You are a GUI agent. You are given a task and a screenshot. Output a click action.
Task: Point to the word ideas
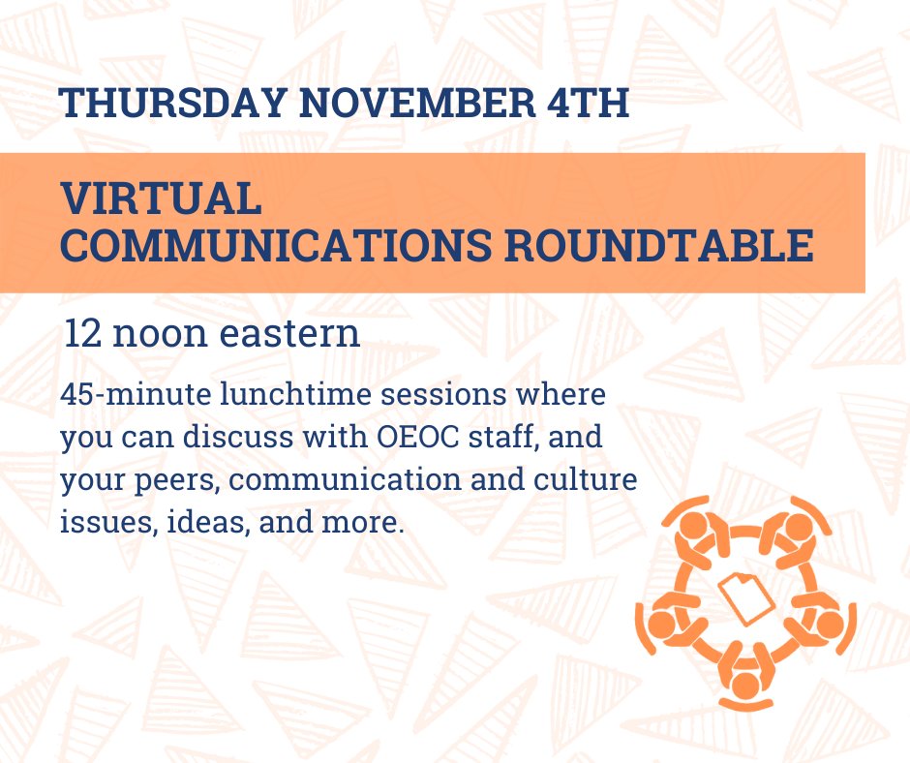(191, 524)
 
